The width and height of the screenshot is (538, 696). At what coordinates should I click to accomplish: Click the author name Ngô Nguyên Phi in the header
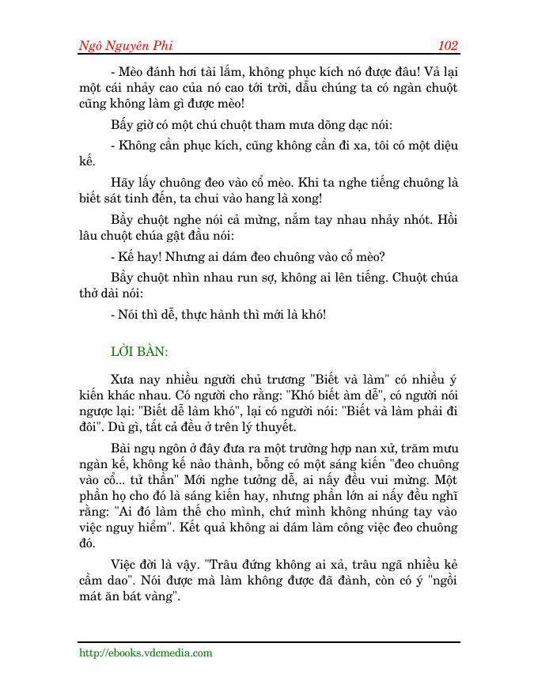pyautogui.click(x=126, y=45)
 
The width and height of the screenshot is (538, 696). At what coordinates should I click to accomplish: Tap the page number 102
pyautogui.click(x=448, y=45)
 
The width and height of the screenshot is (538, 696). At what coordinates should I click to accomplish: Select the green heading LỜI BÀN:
pyautogui.click(x=138, y=351)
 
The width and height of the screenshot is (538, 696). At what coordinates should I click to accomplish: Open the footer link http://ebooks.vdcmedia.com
pyautogui.click(x=146, y=653)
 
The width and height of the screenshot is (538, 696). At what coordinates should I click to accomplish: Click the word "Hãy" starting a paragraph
pyautogui.click(x=123, y=183)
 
